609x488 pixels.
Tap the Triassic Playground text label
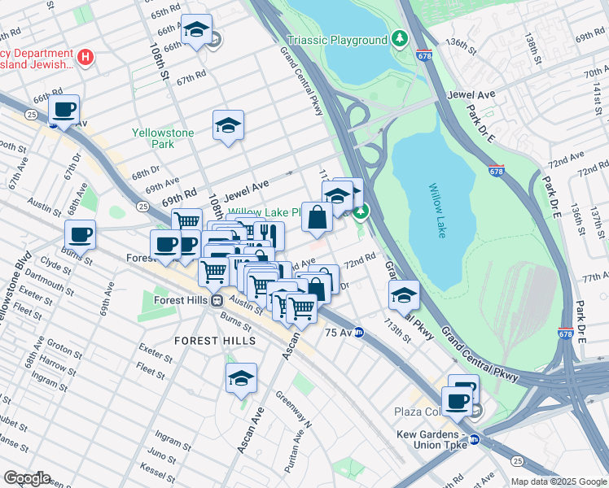click(337, 40)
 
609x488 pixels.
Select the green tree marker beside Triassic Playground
click(399, 38)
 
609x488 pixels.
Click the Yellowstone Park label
click(164, 138)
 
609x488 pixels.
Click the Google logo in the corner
click(27, 478)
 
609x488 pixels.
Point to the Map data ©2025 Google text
click(558, 481)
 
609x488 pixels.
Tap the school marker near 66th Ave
click(195, 30)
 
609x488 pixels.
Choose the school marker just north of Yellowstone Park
click(228, 125)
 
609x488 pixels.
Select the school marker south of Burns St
click(241, 378)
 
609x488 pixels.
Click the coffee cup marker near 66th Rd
click(64, 110)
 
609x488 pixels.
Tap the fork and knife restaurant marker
click(269, 236)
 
